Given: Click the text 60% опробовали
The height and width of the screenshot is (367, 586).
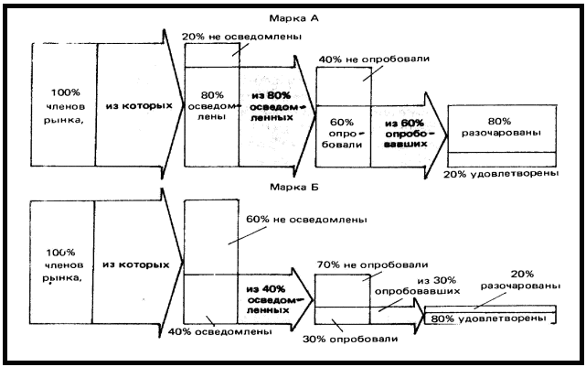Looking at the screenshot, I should click(342, 128).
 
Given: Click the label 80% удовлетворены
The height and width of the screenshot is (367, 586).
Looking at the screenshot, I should click(495, 318).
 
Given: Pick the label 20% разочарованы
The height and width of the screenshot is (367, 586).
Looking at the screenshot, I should click(506, 279).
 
